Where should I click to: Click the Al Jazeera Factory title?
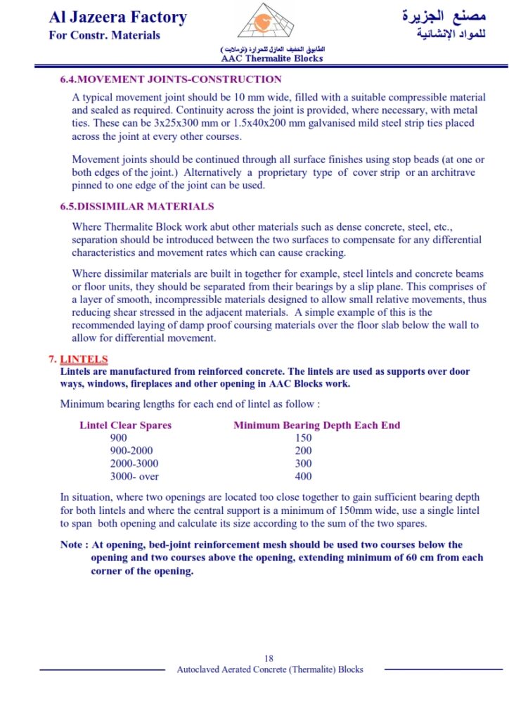click(117, 17)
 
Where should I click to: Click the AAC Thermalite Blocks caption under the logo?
click(272, 58)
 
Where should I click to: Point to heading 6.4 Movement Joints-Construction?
click(171, 79)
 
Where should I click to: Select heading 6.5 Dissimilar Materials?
click(137, 207)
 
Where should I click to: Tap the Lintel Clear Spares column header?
click(125, 425)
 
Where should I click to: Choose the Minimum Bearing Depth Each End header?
click(316, 425)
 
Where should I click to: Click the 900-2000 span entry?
click(131, 451)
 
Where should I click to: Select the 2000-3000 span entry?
click(134, 463)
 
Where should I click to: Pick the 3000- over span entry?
click(134, 477)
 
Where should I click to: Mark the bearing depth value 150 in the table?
click(303, 438)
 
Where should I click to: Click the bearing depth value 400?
click(303, 477)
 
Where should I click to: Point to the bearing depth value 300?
click(303, 463)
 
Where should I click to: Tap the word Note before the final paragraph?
click(72, 544)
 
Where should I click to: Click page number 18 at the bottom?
click(269, 658)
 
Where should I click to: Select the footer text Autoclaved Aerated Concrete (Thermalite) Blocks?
click(270, 669)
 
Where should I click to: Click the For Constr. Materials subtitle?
click(104, 35)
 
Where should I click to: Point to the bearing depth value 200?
click(303, 451)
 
